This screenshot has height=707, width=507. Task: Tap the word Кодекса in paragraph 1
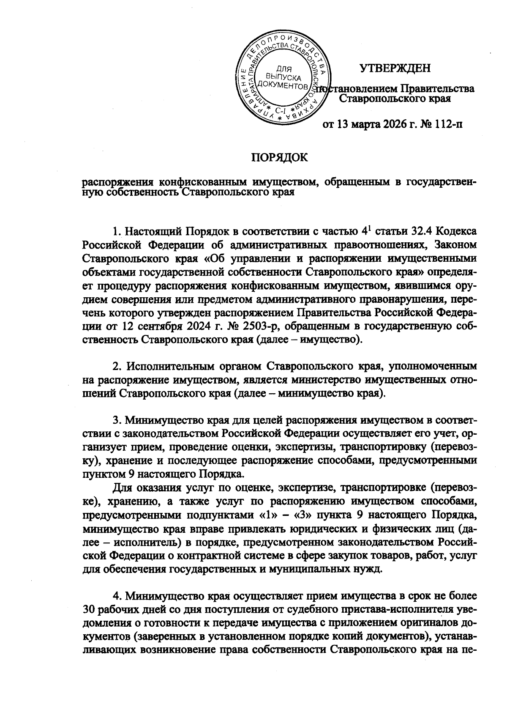pyautogui.click(x=458, y=232)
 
